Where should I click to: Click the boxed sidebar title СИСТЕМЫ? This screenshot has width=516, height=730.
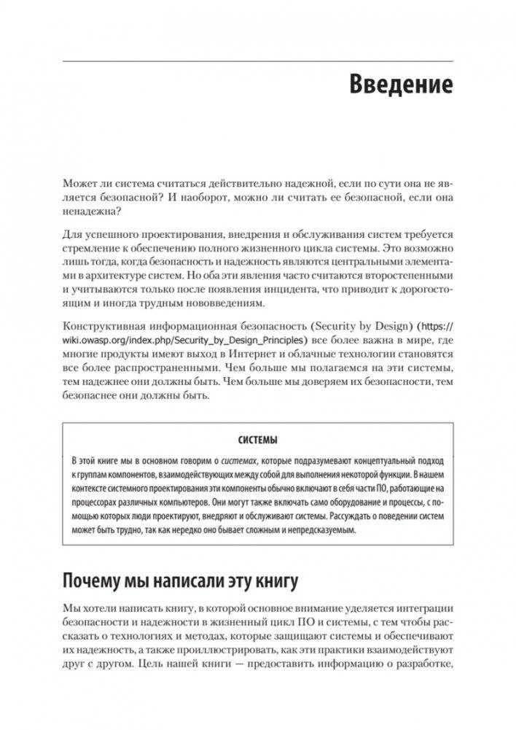[258, 440]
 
